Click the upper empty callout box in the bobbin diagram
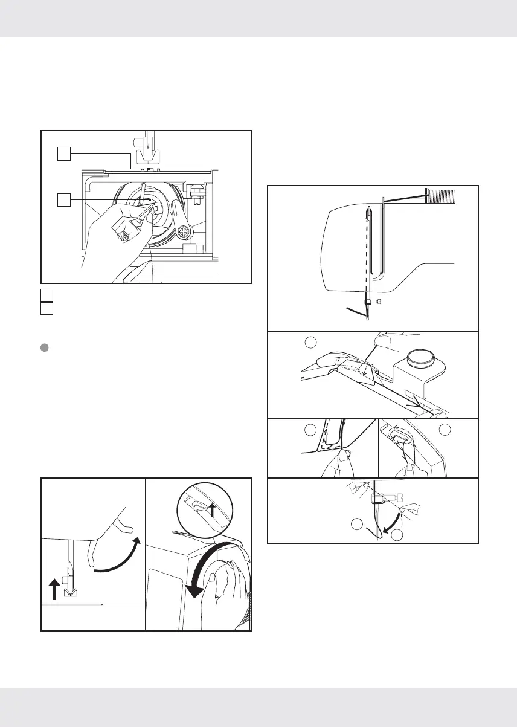(x=63, y=155)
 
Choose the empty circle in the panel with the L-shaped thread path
(x=310, y=430)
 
